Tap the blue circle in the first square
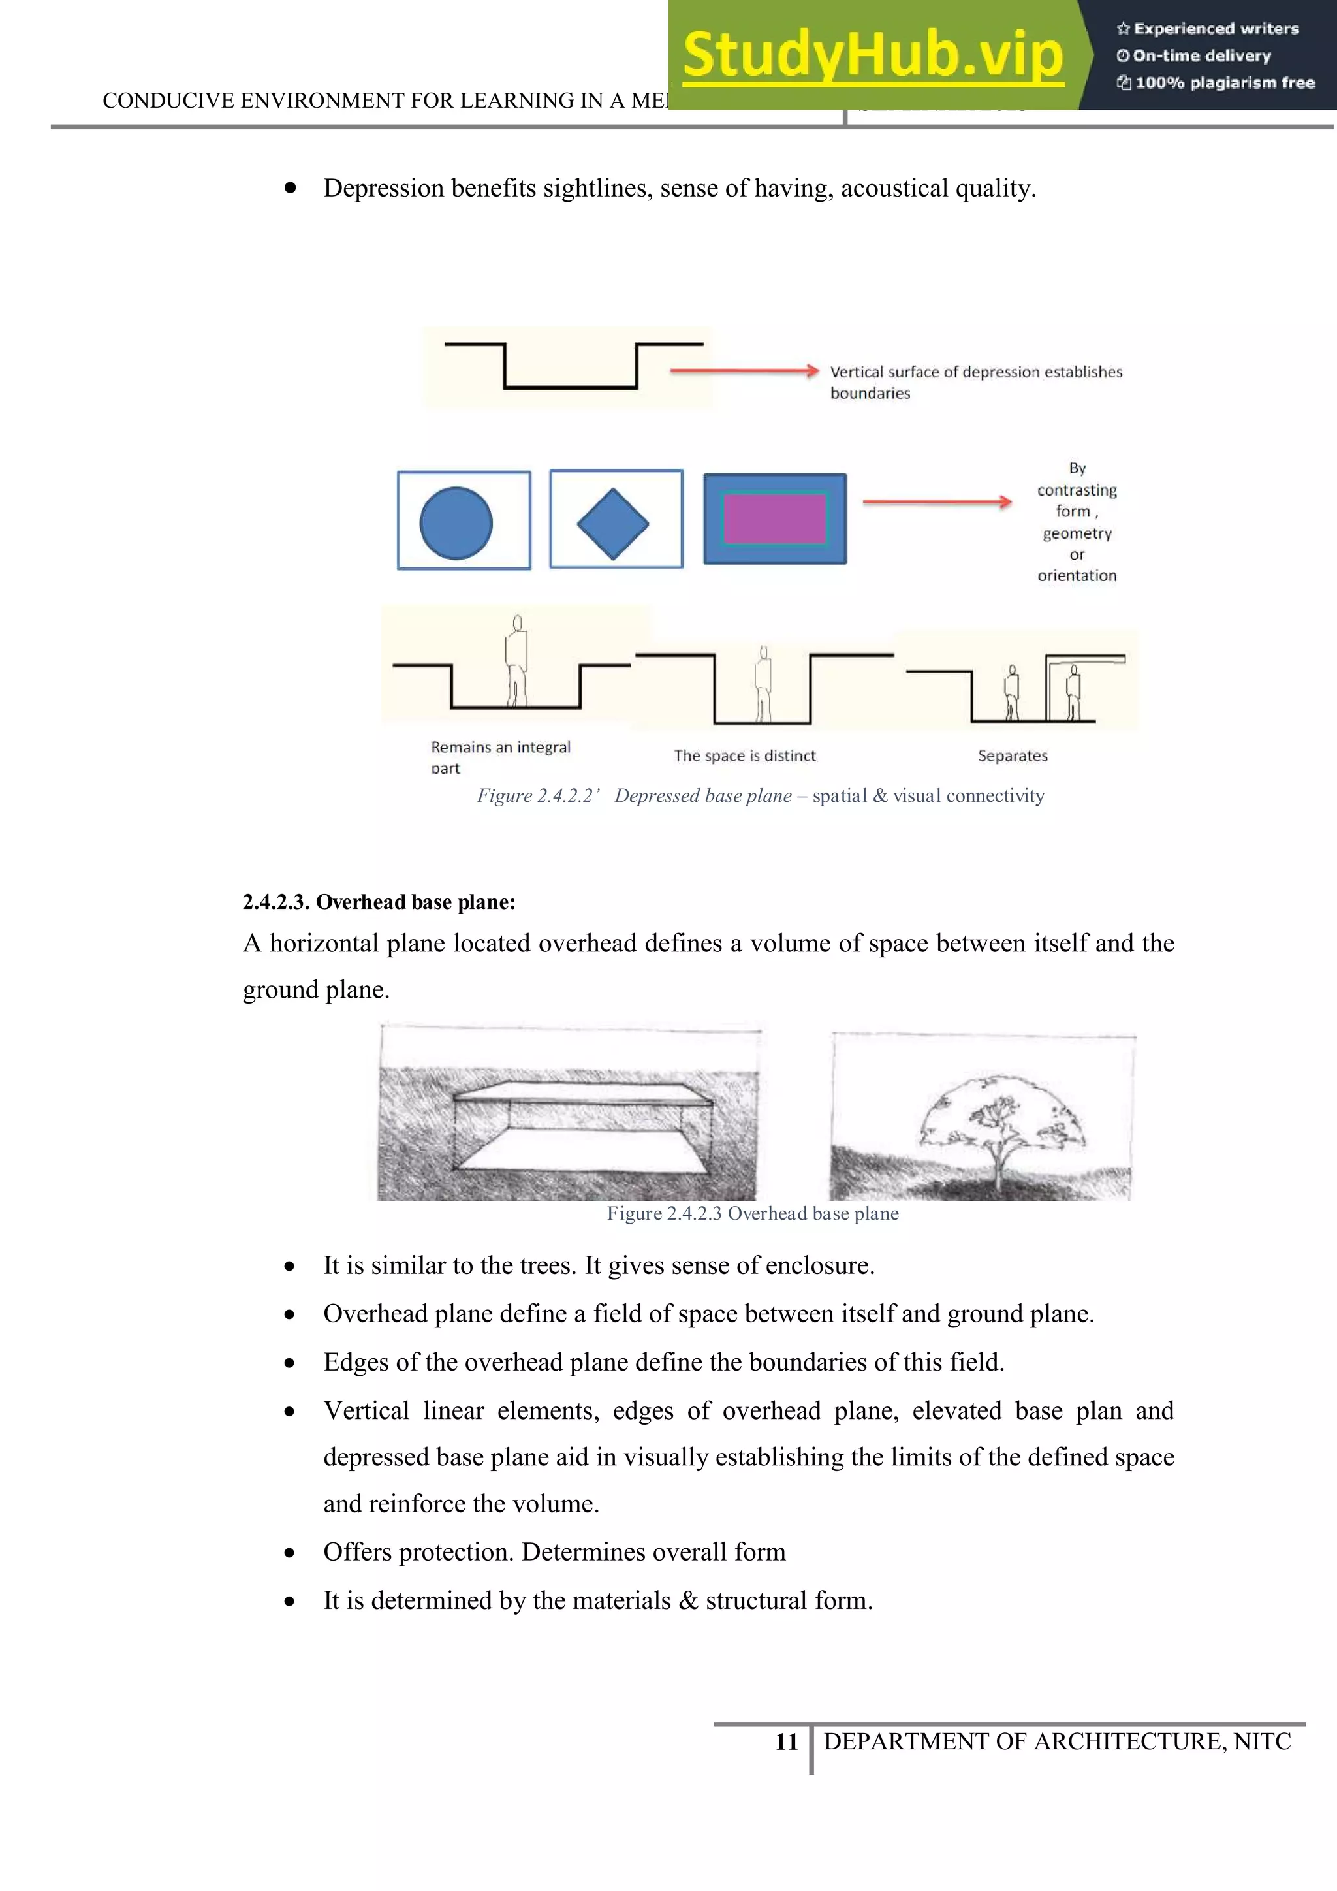(x=456, y=523)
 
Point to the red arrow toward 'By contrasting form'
(x=937, y=501)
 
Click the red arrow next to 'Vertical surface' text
(x=744, y=372)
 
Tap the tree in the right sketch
(x=999, y=1124)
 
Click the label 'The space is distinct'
(x=744, y=755)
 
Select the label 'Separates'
(x=1013, y=755)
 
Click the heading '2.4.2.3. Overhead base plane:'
(x=379, y=902)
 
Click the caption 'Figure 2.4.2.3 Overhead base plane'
(x=753, y=1213)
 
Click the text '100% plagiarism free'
(x=1224, y=82)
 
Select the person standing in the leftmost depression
(x=516, y=661)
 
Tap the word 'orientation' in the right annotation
(x=1077, y=576)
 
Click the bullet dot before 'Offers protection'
(x=290, y=1553)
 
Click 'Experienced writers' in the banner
(x=1215, y=29)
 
